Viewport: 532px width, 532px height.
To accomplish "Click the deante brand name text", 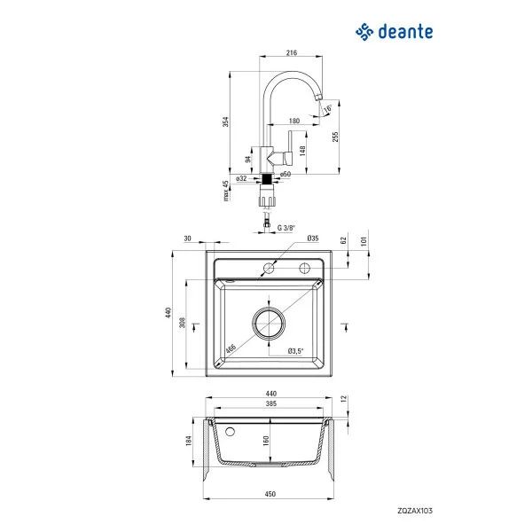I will click(404, 33).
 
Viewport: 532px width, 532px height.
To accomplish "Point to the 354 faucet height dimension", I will click(227, 121).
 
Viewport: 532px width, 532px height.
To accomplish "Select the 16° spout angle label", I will click(328, 109).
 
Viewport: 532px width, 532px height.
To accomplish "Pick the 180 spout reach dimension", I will click(294, 121).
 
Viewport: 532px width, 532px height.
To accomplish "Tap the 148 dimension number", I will click(303, 150).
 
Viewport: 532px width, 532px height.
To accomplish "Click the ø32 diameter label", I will click(241, 178).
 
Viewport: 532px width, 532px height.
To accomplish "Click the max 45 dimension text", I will click(226, 189).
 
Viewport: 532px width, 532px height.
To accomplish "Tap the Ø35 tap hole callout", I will click(312, 239).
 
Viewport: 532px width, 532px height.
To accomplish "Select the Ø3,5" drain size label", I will click(295, 352).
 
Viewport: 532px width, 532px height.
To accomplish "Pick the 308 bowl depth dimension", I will click(183, 324).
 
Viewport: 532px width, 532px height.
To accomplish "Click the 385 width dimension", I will click(271, 404).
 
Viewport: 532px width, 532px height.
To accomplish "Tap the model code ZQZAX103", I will click(413, 511).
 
